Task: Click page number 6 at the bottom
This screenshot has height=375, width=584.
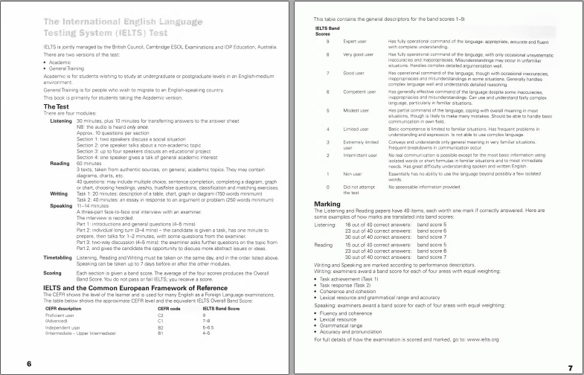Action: point(28,364)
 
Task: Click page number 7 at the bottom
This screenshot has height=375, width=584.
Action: point(569,367)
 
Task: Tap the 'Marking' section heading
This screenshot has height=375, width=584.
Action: point(327,203)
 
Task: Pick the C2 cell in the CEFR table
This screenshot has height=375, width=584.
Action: point(161,315)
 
